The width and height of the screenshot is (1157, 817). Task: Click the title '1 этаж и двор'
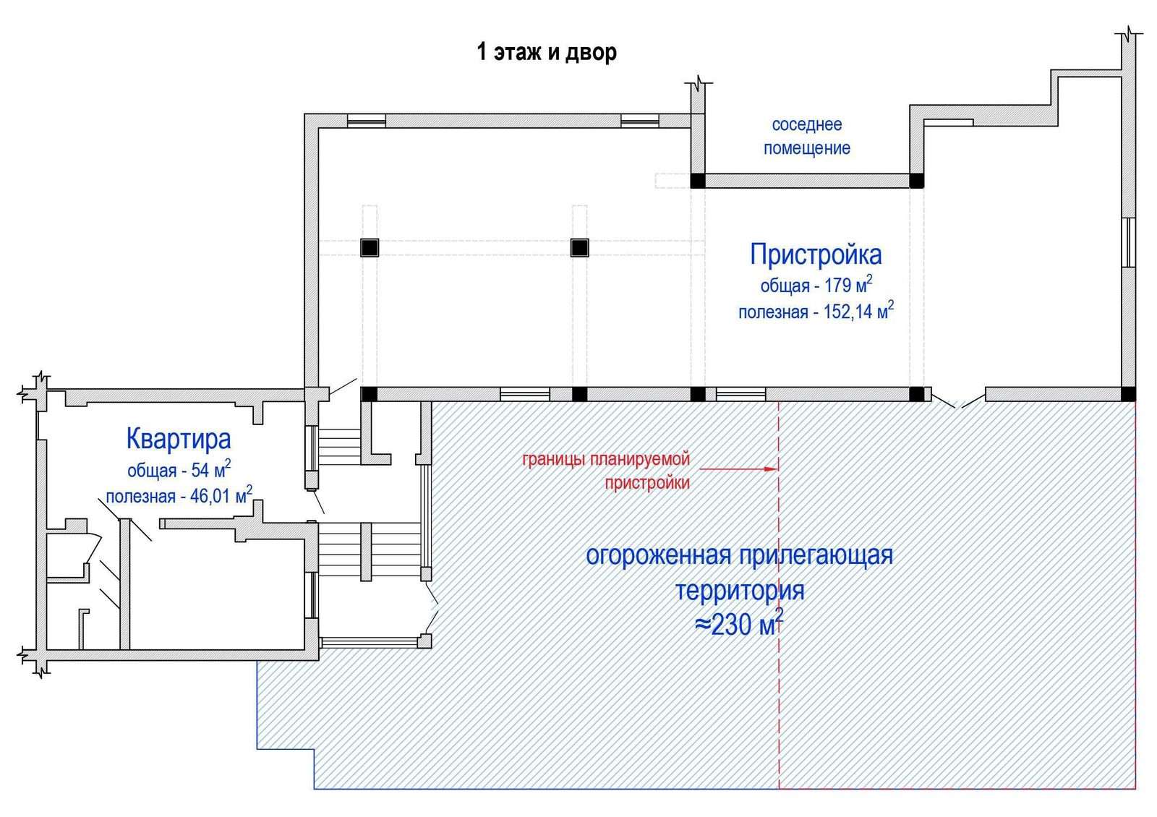[x=547, y=52]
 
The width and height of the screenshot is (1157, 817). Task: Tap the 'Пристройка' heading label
[x=816, y=254]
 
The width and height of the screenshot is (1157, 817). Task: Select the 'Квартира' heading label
[x=179, y=438]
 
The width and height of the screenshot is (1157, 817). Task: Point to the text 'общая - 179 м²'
[x=816, y=285]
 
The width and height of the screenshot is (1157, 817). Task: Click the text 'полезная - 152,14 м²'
[x=816, y=311]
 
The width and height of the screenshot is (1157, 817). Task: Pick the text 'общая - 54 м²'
[x=179, y=469]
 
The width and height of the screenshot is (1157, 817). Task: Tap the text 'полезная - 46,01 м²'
[x=179, y=495]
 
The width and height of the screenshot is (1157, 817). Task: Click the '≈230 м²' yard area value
[x=739, y=623]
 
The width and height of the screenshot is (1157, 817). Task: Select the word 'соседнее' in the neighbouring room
[x=807, y=124]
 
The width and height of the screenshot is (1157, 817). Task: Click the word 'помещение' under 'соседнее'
[x=807, y=148]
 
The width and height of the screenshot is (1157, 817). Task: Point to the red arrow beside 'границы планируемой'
[x=739, y=469]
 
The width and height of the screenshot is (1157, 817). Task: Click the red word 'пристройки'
[x=647, y=483]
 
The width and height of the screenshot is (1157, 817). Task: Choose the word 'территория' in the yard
[x=740, y=590]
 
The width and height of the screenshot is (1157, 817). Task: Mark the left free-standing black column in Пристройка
[x=370, y=248]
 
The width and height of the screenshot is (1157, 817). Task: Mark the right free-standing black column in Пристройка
[x=579, y=248]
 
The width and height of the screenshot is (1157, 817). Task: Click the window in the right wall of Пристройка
[x=1129, y=242]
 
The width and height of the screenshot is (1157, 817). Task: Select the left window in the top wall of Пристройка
[x=366, y=121]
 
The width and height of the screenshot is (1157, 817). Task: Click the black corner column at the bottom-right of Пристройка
[x=1129, y=394]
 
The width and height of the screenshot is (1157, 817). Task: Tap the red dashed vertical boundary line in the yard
[x=779, y=595]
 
